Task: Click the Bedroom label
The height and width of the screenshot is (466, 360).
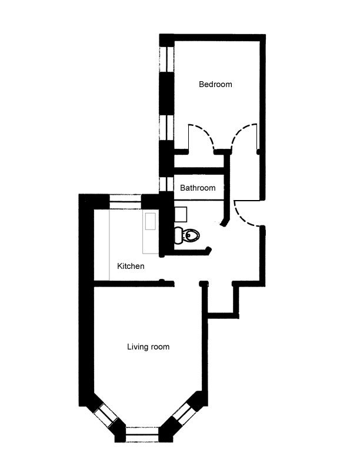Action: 215,84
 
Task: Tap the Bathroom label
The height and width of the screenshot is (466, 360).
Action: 197,188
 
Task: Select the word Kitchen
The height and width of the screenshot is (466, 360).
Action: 131,267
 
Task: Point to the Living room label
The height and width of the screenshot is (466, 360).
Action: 148,347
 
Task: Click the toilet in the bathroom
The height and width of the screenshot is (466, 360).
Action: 189,235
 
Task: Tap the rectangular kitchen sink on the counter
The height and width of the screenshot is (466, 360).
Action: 149,222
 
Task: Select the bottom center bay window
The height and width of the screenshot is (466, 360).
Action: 143,435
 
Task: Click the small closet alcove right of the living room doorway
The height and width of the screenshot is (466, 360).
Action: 221,300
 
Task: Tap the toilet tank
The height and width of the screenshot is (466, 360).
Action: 178,235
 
